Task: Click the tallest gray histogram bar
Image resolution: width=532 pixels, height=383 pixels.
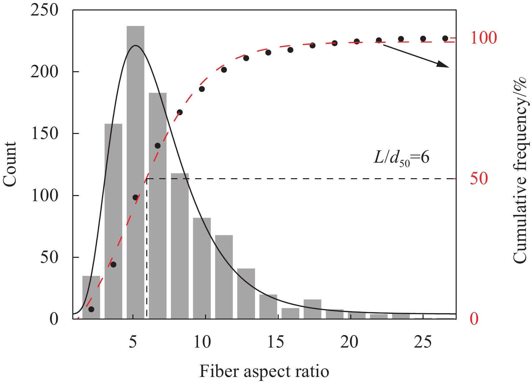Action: [135, 172]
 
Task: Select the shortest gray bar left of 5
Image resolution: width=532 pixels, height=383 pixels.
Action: [91, 297]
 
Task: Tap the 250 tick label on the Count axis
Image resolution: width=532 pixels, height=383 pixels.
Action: [44, 10]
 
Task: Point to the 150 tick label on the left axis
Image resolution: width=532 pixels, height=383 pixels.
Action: [44, 134]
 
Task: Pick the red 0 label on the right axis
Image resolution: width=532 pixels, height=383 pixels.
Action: [474, 319]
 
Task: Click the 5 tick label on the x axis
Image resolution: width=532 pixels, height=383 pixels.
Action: [133, 342]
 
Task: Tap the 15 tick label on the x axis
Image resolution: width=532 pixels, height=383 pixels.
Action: [276, 342]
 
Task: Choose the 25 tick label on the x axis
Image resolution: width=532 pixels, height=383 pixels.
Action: [423, 342]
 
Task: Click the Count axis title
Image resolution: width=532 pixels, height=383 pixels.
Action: [10, 164]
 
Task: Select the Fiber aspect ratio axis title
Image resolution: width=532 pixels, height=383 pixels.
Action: [264, 372]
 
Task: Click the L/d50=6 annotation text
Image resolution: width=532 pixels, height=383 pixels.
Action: [401, 158]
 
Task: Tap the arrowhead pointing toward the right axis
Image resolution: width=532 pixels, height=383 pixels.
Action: [444, 64]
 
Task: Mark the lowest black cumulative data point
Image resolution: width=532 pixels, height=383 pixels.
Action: [91, 309]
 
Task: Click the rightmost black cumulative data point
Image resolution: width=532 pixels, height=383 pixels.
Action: [445, 38]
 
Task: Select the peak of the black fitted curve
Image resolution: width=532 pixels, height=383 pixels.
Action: [135, 46]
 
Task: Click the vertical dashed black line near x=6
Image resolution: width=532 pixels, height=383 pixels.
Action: [147, 250]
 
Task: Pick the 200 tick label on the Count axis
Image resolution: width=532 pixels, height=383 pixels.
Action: [44, 72]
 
